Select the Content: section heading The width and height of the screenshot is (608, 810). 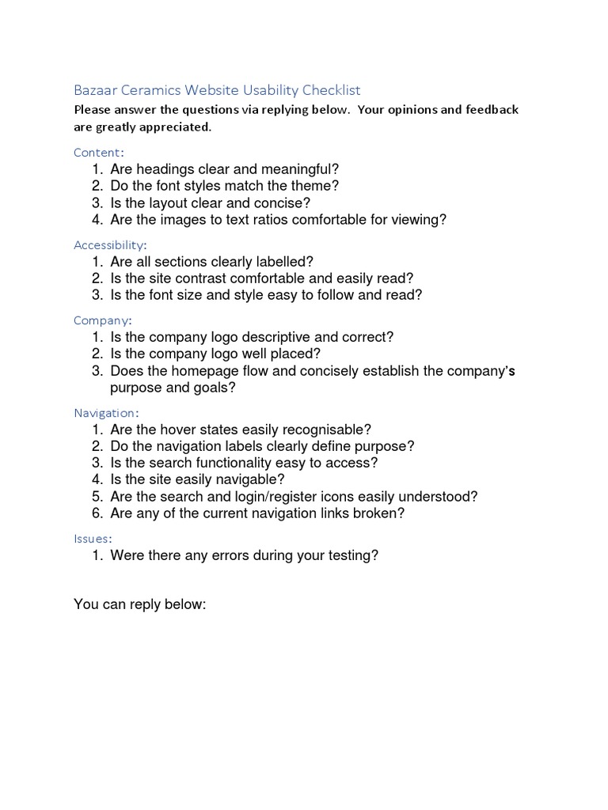point(99,152)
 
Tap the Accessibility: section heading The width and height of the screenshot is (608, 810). point(111,244)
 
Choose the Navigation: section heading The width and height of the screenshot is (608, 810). point(107,412)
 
